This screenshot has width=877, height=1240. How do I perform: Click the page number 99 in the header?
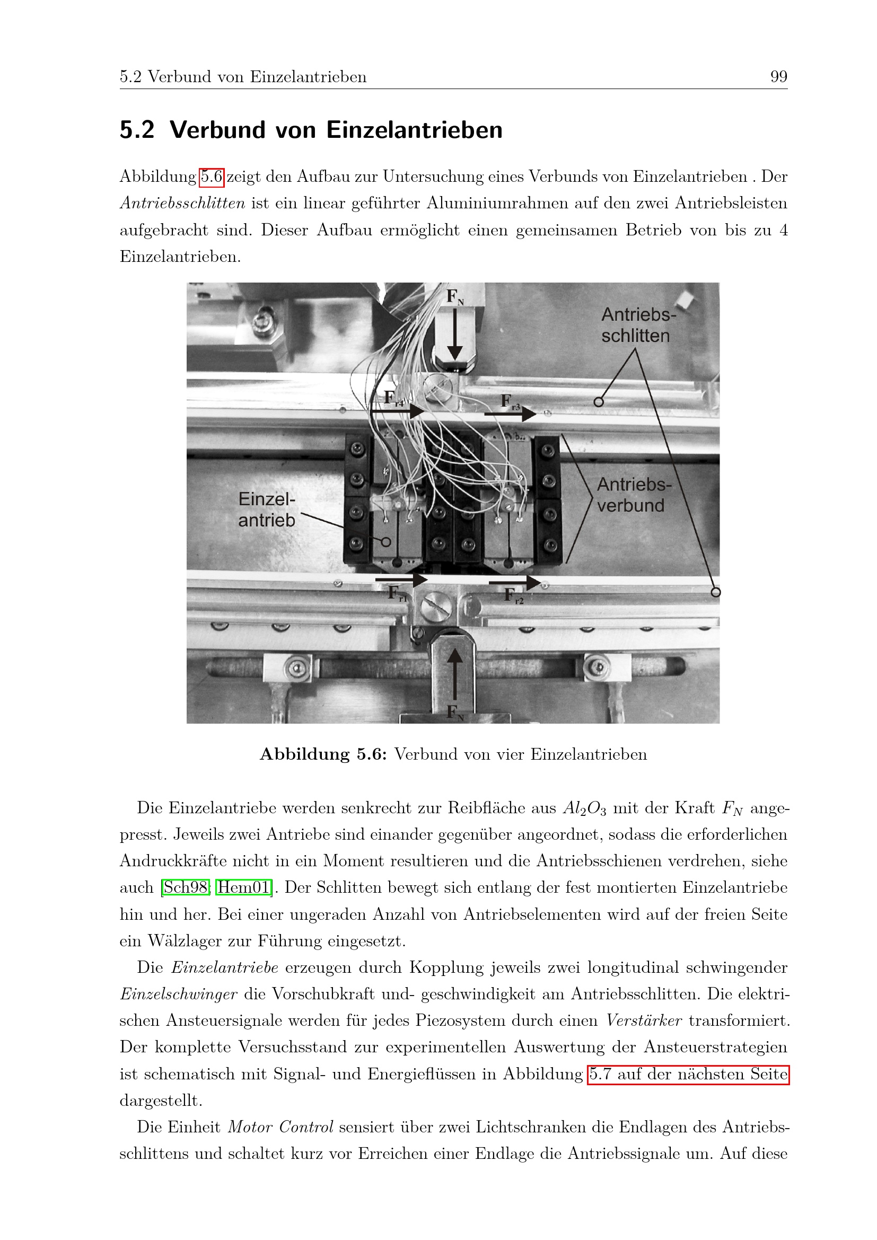coord(779,77)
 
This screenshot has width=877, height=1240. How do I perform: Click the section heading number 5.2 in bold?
coord(137,130)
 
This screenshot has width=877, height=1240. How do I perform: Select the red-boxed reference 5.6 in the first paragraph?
coord(212,177)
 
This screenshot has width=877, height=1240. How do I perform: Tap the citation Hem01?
coord(243,887)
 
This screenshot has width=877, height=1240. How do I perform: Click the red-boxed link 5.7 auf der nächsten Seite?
coord(689,1074)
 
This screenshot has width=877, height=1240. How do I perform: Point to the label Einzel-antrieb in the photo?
coord(267,509)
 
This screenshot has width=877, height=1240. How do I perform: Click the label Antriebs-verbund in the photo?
coord(634,495)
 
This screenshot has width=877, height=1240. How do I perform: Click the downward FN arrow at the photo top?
coord(455,335)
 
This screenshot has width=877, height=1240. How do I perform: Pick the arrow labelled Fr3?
coord(510,414)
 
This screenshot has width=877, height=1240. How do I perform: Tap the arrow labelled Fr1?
coord(401,580)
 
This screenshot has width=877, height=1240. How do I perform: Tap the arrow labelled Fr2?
coord(515,583)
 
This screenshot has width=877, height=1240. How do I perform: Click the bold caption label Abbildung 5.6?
coord(323,754)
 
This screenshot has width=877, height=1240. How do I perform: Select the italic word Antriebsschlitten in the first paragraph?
coord(182,204)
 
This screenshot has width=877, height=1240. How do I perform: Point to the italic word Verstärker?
coord(644,1021)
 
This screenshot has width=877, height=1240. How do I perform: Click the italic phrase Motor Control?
coord(280,1127)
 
